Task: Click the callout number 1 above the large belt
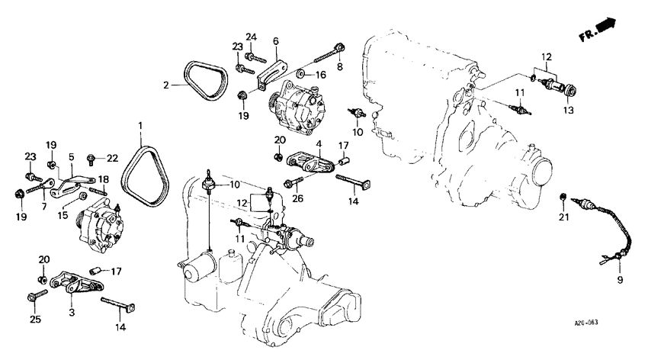140,124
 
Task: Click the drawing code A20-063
585,323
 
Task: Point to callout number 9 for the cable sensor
619,281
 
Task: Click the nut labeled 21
563,198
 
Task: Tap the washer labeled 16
301,74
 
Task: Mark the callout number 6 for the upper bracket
275,41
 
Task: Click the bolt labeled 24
257,55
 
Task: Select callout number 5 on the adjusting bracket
70,156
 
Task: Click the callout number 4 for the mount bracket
319,143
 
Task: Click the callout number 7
44,207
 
